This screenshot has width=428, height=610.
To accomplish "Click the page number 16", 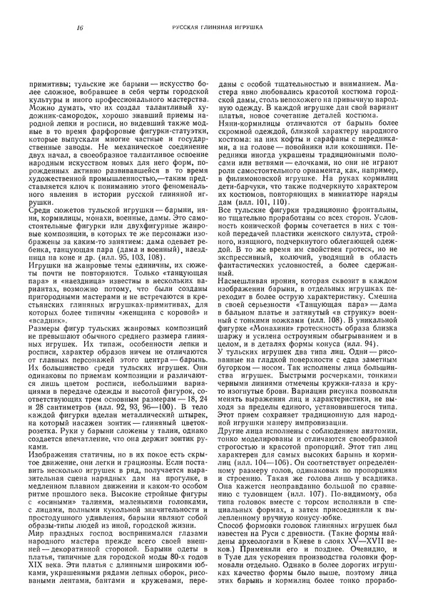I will coord(76,29).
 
